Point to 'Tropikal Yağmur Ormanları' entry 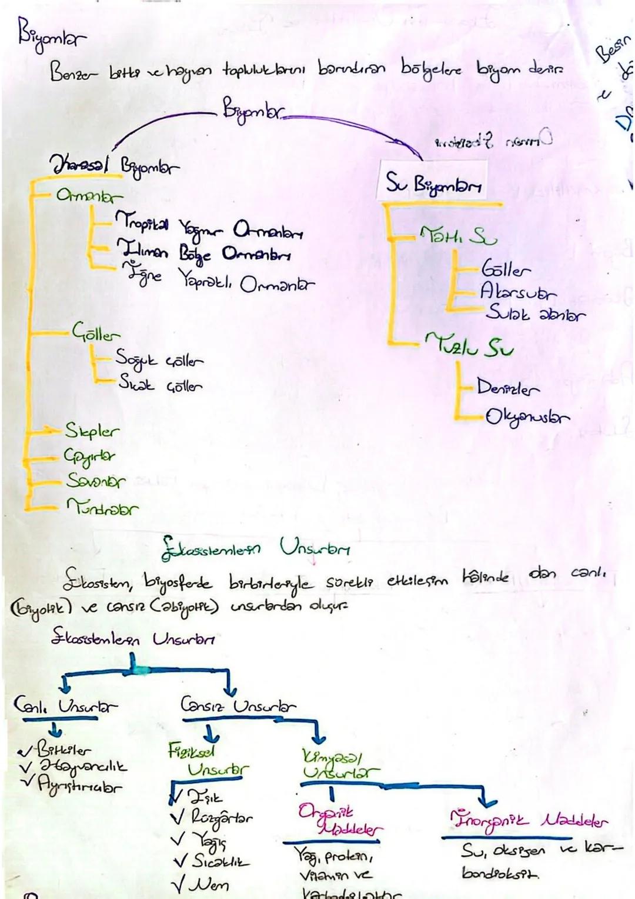[209, 227]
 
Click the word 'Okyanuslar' [527, 417]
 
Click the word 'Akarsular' [518, 291]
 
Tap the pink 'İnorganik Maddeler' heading [528, 820]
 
